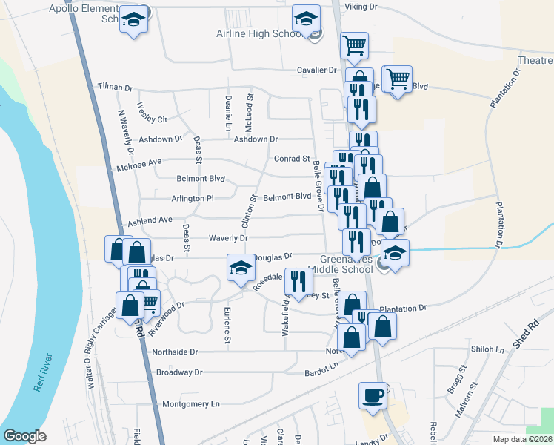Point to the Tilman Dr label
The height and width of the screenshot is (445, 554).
(115, 88)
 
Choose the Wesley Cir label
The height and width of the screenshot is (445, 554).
(153, 119)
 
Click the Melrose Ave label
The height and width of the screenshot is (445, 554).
(144, 162)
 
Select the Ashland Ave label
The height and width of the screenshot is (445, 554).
(150, 220)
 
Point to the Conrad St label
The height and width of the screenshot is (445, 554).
(292, 159)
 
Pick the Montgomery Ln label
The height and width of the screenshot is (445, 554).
(191, 404)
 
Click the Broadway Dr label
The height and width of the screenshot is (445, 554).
(174, 372)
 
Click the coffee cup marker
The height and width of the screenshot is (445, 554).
(373, 395)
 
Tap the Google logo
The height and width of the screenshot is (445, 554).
(24, 436)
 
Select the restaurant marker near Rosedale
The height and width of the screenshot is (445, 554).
(298, 281)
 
